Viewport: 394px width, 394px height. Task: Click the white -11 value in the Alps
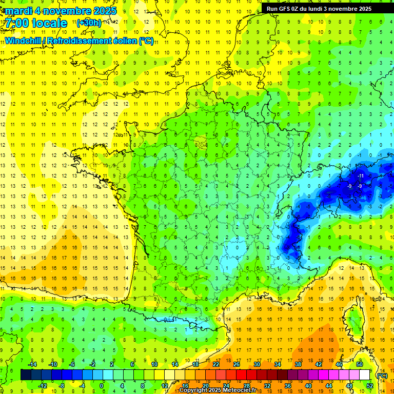pos(361,176)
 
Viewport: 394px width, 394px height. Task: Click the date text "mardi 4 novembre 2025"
pos(61,11)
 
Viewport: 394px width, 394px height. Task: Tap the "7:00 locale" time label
pos(36,23)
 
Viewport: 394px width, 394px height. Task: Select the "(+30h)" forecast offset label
pos(89,23)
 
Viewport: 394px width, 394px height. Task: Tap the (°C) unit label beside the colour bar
pos(382,375)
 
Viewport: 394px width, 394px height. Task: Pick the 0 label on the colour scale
pos(102,386)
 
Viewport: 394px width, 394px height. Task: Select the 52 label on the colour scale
pos(369,386)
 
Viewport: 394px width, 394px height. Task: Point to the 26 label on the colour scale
pos(237,364)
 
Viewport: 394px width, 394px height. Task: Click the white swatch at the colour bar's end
pos(365,375)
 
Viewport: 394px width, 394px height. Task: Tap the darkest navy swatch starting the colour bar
pos(26,375)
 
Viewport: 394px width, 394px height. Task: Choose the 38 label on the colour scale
pos(298,364)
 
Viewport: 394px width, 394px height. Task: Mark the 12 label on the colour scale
pos(165,386)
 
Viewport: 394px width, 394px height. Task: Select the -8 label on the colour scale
pos(62,386)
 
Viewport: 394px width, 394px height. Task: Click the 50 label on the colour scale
pos(360,364)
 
